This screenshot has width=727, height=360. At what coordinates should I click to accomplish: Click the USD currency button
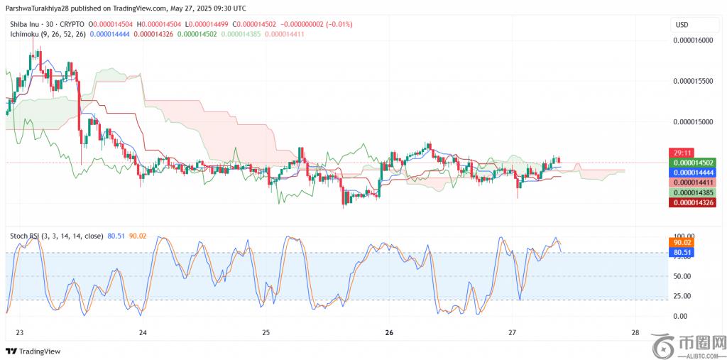[682, 25]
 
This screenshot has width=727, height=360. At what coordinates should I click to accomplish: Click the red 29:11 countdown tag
[682, 153]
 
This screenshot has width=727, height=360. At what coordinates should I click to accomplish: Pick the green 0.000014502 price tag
[692, 163]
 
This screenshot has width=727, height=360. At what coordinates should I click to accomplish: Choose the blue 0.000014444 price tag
[692, 173]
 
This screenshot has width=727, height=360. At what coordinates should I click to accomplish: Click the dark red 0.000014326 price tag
[692, 203]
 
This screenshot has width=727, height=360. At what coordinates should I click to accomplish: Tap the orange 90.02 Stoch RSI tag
[682, 242]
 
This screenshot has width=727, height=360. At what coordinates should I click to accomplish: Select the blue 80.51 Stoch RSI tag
[682, 252]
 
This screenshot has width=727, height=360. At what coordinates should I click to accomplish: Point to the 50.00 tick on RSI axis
[682, 276]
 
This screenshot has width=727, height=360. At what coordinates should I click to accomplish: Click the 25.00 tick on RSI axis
[682, 296]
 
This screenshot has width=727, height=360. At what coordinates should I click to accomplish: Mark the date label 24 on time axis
[143, 332]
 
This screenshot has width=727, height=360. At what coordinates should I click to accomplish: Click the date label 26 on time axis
[389, 332]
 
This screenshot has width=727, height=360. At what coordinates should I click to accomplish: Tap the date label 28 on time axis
[635, 332]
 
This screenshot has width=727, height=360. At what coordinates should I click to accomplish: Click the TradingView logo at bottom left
[33, 351]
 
